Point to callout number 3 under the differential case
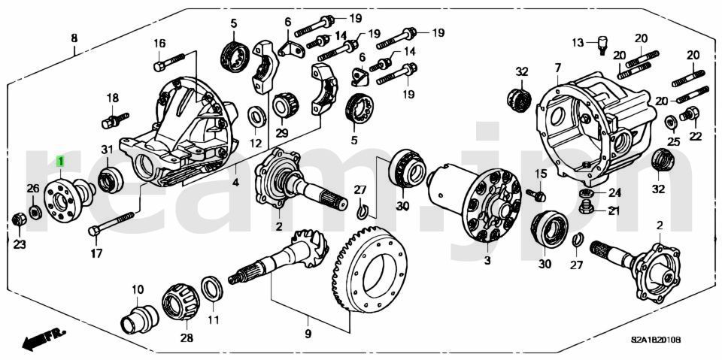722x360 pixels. click(x=487, y=260)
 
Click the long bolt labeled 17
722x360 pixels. click(x=111, y=223)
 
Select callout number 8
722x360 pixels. click(x=74, y=38)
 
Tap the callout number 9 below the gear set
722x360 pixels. click(x=308, y=332)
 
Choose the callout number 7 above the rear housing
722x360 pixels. click(x=557, y=68)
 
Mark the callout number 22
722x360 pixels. click(x=695, y=136)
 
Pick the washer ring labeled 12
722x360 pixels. click(x=256, y=116)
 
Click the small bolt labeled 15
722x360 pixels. click(x=538, y=195)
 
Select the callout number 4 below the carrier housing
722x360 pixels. click(x=235, y=183)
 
